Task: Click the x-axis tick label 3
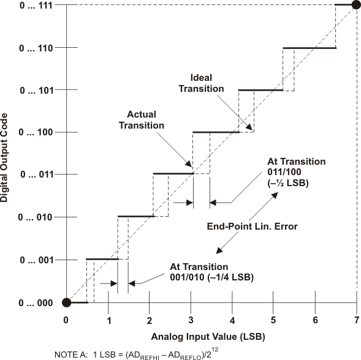click(191, 320)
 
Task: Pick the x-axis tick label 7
click(357, 320)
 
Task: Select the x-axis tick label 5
click(274, 320)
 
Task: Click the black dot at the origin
click(67, 302)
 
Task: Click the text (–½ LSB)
click(288, 183)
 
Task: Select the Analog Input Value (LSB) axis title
click(211, 337)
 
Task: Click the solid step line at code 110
click(309, 48)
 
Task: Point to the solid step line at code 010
click(135, 217)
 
